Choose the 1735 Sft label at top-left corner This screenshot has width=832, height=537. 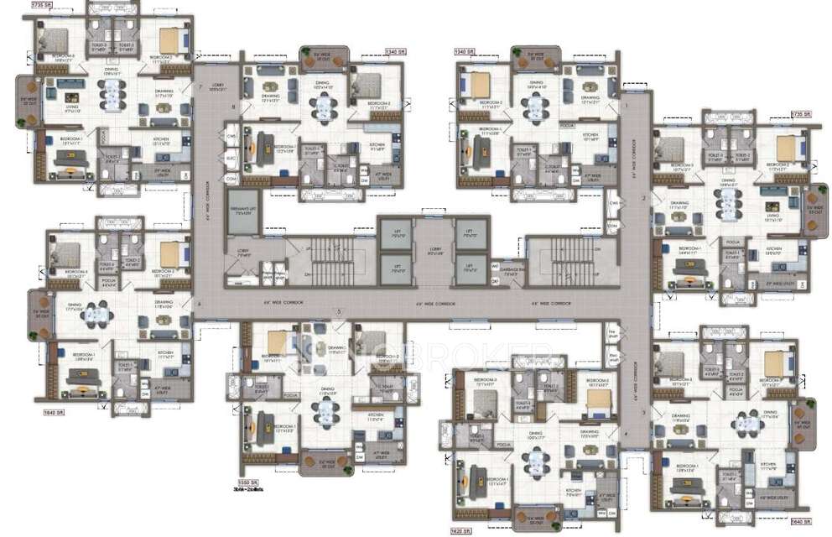point(40,5)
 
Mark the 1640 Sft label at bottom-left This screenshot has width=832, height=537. point(53,412)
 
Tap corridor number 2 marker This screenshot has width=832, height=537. point(643,198)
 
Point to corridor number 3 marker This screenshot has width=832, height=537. point(643,412)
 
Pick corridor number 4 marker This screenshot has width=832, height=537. point(625,433)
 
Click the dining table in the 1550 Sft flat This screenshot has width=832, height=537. point(324,410)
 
